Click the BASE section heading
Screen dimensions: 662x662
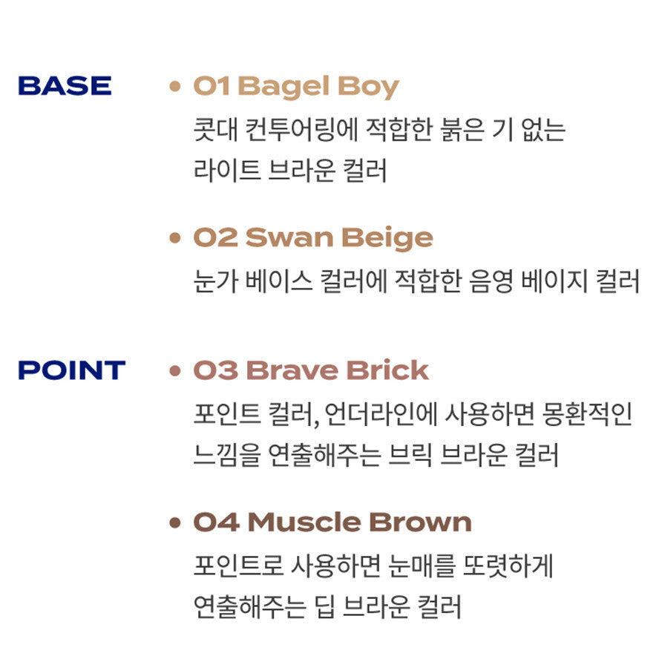(x=65, y=85)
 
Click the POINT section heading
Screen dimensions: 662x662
(x=72, y=370)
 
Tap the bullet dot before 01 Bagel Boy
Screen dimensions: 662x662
(x=175, y=86)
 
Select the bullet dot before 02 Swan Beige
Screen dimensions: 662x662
(x=175, y=237)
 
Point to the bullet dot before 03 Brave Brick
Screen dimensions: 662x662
(x=175, y=370)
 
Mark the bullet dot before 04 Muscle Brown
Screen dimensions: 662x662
(x=175, y=522)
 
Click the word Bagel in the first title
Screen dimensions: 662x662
(x=284, y=88)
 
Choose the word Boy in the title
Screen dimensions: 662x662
(x=369, y=88)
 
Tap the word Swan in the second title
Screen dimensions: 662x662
(x=289, y=237)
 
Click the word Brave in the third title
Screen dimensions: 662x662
(x=292, y=370)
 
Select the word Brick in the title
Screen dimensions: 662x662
(x=388, y=370)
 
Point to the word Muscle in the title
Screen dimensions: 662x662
(x=304, y=522)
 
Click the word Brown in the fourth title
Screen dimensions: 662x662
(x=421, y=522)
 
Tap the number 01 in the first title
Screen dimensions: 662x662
(x=212, y=86)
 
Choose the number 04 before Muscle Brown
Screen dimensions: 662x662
(x=217, y=522)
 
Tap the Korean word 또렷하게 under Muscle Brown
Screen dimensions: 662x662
(x=508, y=566)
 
